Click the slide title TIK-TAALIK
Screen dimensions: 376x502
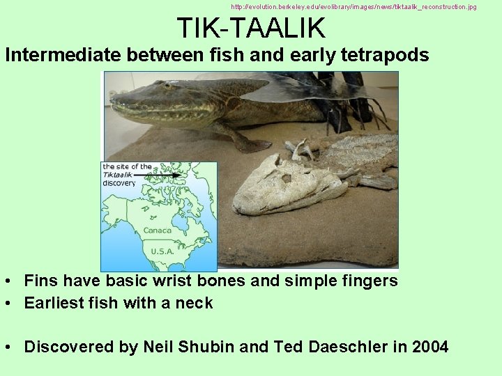coord(251,28)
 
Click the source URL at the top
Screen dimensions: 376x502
coord(353,6)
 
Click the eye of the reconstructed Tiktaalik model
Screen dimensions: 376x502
coord(168,87)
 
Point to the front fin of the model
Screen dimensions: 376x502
coord(241,139)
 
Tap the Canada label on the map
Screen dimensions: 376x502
coord(157,230)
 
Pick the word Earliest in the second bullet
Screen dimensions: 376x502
coord(52,304)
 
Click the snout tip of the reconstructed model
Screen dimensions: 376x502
coord(114,107)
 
